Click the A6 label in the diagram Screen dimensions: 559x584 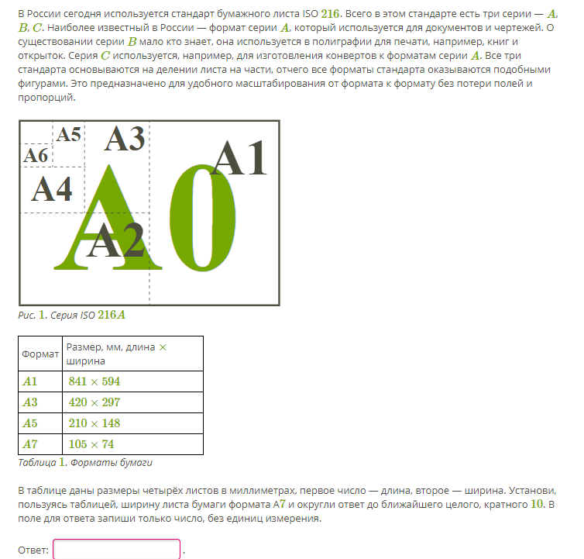point(36,156)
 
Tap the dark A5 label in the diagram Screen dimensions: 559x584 point(68,134)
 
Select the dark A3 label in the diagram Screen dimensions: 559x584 point(125,138)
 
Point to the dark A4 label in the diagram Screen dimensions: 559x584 point(51,188)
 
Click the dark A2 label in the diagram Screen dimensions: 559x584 point(115,241)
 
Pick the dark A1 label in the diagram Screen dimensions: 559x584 point(239,158)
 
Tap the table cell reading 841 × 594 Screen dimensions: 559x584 point(94,381)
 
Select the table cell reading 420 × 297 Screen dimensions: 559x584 point(94,402)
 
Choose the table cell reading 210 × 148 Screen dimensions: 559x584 point(94,423)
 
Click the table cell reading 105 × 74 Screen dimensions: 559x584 point(91,444)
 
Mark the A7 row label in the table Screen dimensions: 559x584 point(30,444)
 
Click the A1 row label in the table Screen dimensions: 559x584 point(30,381)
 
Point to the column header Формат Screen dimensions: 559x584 point(40,354)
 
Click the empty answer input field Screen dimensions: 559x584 point(116,550)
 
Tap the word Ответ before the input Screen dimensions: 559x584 point(33,550)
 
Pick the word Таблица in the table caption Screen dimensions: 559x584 point(36,463)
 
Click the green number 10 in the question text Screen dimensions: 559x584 point(536,504)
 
